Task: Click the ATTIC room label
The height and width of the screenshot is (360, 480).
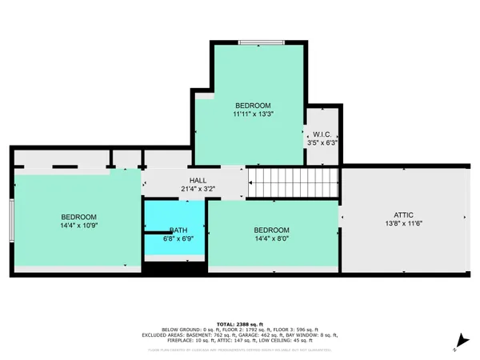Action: [402, 214]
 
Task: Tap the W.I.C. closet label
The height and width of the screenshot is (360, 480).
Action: [322, 134]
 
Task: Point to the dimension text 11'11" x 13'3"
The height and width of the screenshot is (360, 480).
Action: [252, 115]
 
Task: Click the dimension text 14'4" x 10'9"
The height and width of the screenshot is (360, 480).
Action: [79, 226]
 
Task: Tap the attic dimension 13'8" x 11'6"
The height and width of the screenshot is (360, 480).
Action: [402, 224]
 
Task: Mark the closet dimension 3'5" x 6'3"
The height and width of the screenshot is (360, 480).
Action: [322, 144]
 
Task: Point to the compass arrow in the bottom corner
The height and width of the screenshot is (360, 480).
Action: [456, 346]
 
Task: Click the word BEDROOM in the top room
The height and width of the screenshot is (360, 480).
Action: [252, 106]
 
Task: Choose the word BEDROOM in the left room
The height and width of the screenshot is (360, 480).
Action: [79, 217]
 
